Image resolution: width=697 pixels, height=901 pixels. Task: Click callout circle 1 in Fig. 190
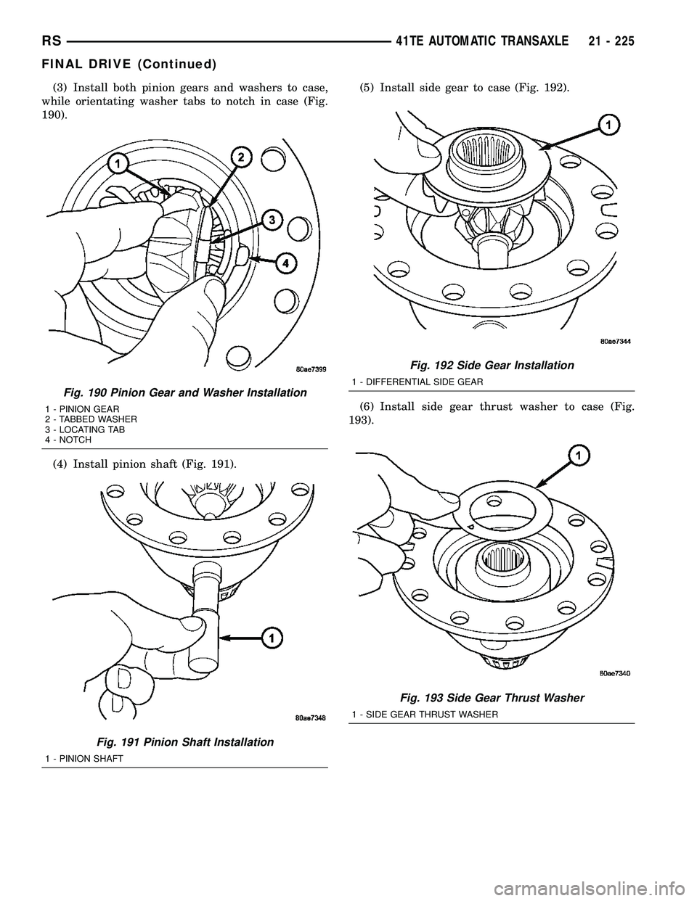pyautogui.click(x=118, y=165)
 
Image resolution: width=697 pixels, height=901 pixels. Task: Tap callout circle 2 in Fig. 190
pyautogui.click(x=242, y=157)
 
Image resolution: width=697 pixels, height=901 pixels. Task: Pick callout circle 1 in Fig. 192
pyautogui.click(x=609, y=126)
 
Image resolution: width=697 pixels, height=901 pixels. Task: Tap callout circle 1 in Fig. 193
pyautogui.click(x=579, y=457)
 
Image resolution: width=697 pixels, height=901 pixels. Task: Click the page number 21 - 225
pyautogui.click(x=611, y=42)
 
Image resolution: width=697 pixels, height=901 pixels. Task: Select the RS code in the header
pyautogui.click(x=52, y=42)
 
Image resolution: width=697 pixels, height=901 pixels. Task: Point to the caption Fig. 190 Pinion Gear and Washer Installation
pyautogui.click(x=185, y=392)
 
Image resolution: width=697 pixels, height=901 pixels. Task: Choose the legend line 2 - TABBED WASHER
pyautogui.click(x=91, y=419)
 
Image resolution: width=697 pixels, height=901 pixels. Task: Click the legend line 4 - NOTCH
pyautogui.click(x=68, y=440)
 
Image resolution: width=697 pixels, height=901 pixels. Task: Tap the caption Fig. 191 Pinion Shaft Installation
pyautogui.click(x=185, y=742)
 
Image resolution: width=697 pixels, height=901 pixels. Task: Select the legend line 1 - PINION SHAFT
pyautogui.click(x=84, y=758)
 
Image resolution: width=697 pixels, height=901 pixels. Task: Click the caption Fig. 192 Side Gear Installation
pyautogui.click(x=492, y=365)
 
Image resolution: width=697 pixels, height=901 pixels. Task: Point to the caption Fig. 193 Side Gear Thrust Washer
pyautogui.click(x=492, y=698)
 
